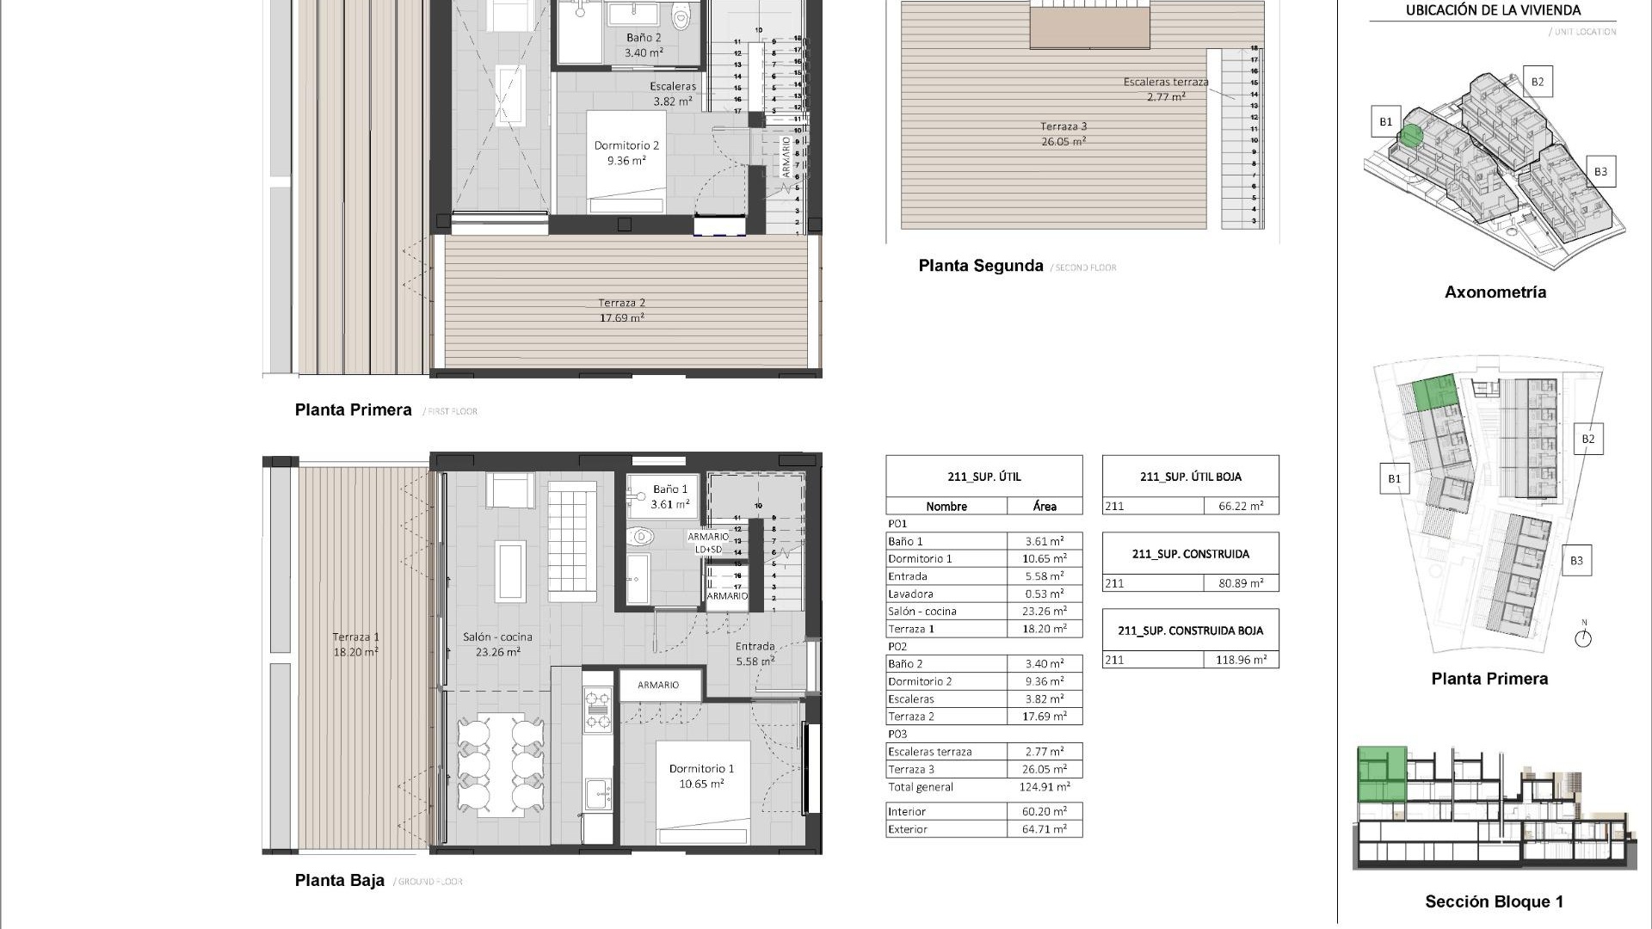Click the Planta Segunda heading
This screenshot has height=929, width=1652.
click(x=980, y=266)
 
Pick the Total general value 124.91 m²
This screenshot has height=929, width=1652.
click(x=1045, y=787)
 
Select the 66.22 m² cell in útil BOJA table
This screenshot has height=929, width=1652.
click(x=1241, y=506)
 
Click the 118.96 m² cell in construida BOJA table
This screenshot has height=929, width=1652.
click(x=1241, y=660)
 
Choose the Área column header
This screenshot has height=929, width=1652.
click(x=1045, y=506)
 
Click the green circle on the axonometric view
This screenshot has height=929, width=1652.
click(x=1410, y=136)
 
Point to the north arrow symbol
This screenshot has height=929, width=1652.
click(x=1583, y=637)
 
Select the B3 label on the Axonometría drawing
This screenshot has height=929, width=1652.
click(x=1600, y=171)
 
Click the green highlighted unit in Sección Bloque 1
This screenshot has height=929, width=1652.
click(x=1382, y=774)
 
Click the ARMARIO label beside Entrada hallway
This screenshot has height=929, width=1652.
click(x=658, y=685)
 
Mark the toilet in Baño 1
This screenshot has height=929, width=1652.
click(x=641, y=538)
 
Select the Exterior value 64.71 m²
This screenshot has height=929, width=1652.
click(x=1045, y=829)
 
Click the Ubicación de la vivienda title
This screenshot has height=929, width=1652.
click(x=1493, y=10)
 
